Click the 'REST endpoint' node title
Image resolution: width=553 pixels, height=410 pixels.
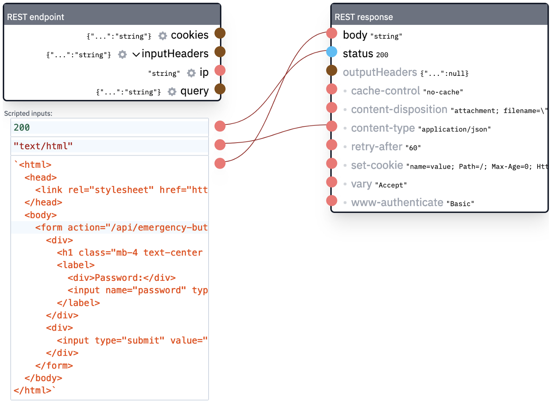click(36, 17)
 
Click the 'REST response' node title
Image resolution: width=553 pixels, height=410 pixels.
click(363, 17)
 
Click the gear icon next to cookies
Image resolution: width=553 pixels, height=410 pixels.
click(163, 36)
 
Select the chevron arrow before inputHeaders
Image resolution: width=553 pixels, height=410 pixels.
click(136, 55)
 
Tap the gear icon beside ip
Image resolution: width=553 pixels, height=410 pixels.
click(191, 73)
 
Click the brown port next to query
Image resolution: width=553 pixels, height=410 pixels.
click(220, 89)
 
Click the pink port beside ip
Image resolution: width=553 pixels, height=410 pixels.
click(220, 70)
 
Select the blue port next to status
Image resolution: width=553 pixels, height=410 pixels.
click(331, 52)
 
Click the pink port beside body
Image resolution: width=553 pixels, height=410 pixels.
click(331, 33)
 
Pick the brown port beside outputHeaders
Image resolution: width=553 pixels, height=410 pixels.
click(331, 70)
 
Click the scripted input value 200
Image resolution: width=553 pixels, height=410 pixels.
click(22, 128)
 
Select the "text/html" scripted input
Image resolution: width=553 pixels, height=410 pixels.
click(43, 146)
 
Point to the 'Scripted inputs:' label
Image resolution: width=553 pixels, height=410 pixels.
click(28, 113)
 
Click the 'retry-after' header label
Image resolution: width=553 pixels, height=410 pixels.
click(376, 147)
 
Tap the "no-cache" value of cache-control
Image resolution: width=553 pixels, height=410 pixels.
click(443, 92)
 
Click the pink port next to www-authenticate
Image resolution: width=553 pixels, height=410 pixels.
click(331, 201)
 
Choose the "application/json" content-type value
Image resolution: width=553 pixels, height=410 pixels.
click(454, 129)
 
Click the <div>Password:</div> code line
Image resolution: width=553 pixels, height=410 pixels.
click(121, 278)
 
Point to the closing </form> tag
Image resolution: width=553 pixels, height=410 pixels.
click(54, 366)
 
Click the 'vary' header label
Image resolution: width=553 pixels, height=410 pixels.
click(361, 184)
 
